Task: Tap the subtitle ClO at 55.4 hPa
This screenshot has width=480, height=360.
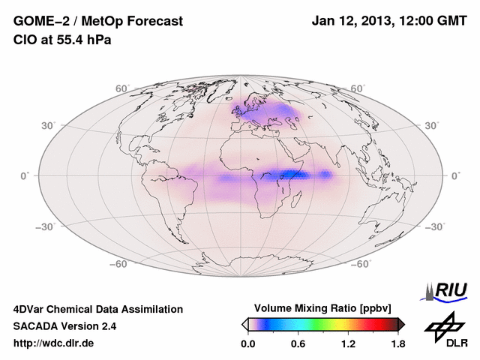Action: pyautogui.click(x=62, y=40)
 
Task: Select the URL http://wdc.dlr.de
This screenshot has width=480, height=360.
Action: pyautogui.click(x=55, y=343)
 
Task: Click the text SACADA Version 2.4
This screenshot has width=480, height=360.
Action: pyautogui.click(x=64, y=326)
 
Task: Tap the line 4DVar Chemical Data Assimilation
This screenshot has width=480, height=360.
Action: pyautogui.click(x=97, y=309)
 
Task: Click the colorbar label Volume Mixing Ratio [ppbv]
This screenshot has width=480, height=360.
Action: pyautogui.click(x=323, y=308)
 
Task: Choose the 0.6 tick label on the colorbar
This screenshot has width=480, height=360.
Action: pyautogui.click(x=298, y=344)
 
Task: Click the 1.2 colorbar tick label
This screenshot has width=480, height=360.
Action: pyautogui.click(x=348, y=344)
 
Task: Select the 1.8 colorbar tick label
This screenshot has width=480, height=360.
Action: pyautogui.click(x=398, y=344)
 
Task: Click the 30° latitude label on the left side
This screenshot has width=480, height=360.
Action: pyautogui.click(x=49, y=125)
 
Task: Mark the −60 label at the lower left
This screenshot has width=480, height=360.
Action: pyautogui.click(x=119, y=264)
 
